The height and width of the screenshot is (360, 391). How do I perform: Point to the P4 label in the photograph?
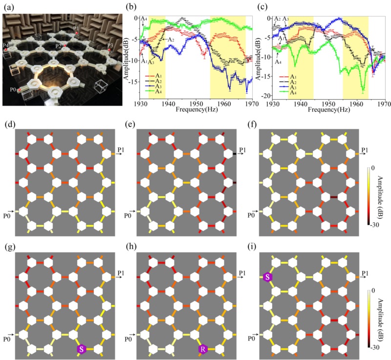(x=5, y=45)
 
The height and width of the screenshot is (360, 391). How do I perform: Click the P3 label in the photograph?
(x=110, y=45)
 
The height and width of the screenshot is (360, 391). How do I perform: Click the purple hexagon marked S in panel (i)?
(x=267, y=277)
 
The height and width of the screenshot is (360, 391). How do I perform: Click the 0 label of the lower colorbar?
(x=373, y=290)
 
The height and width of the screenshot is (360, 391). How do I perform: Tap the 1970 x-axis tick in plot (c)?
(x=385, y=104)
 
